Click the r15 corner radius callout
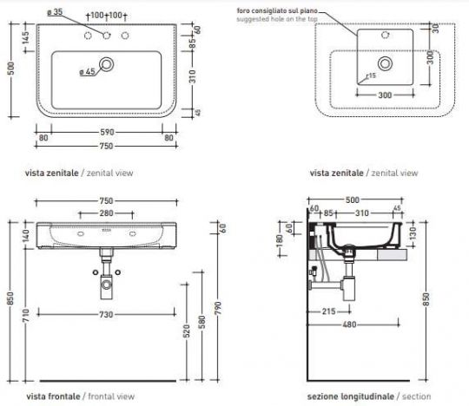[x=371, y=75]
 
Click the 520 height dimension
[x=185, y=331]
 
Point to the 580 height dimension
[x=201, y=323]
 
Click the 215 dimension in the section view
[x=329, y=311]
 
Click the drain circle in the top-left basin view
[x=106, y=63]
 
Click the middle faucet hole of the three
[x=106, y=37]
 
